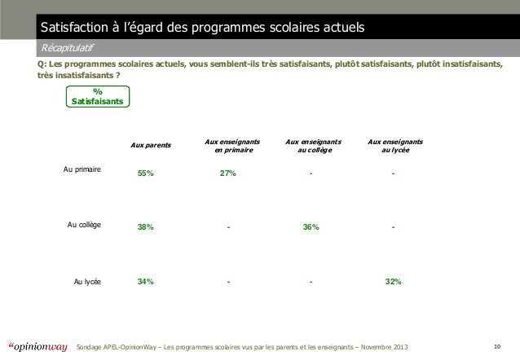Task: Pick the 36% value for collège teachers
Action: (311, 227)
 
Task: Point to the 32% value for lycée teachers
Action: (393, 282)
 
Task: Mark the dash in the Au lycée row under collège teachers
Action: (311, 282)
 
